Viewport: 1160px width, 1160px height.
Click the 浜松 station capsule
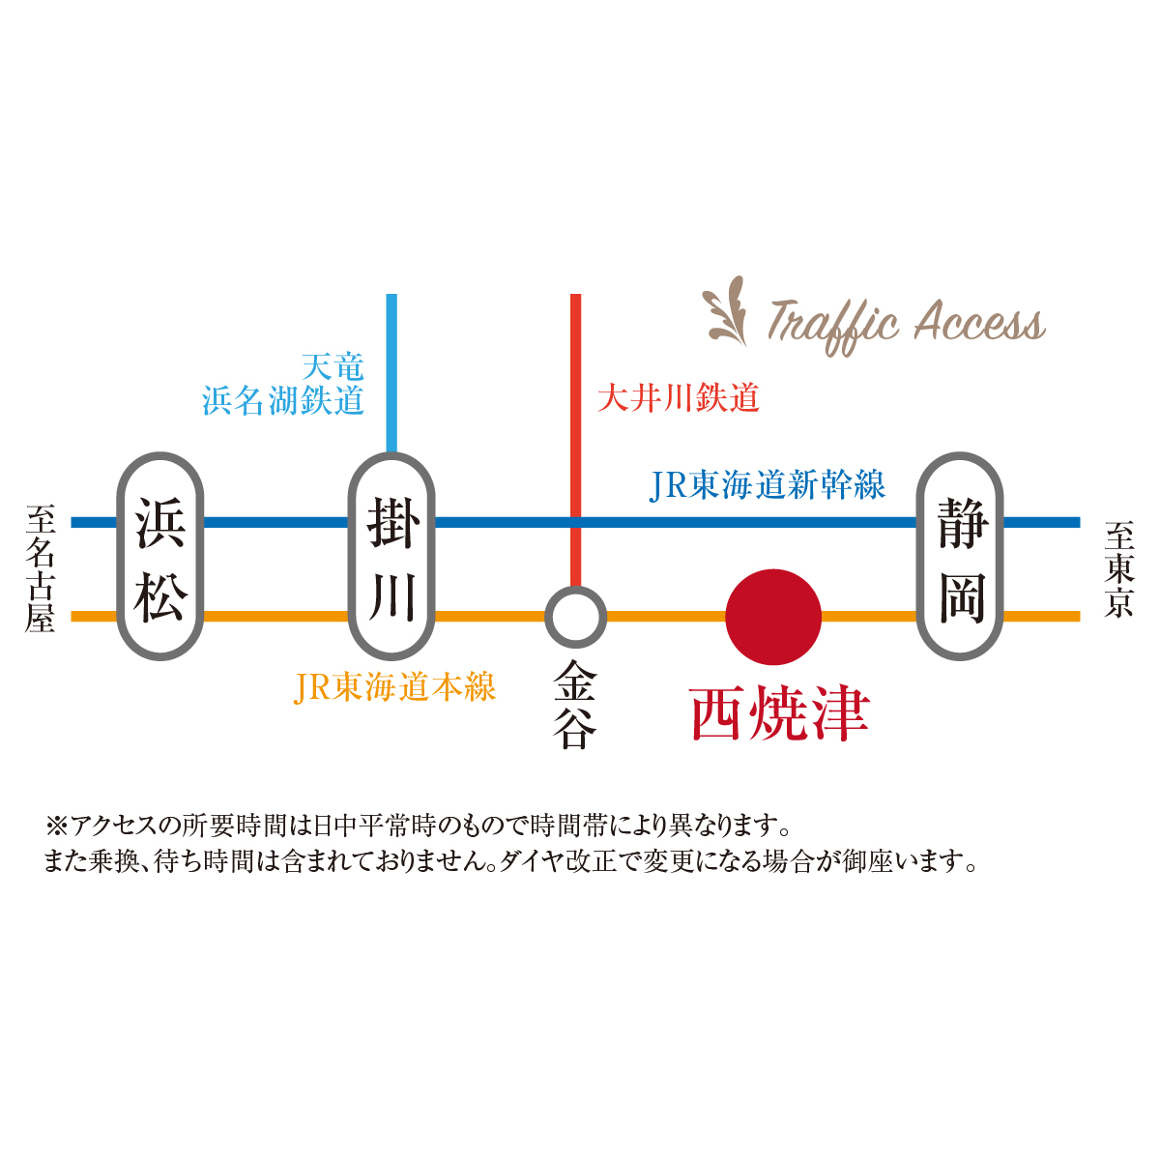159,558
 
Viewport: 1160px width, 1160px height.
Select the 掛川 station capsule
391,558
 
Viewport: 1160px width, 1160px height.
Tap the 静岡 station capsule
960,558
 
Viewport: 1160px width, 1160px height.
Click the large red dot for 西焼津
773,617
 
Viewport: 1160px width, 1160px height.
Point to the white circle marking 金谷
575,617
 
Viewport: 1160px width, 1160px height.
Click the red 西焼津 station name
780,713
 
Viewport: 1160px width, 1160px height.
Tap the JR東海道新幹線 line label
768,485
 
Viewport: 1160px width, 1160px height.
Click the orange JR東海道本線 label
394,687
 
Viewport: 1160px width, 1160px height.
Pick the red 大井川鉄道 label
679,397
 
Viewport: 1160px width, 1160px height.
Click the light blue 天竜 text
333,366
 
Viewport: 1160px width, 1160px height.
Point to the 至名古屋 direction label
41,568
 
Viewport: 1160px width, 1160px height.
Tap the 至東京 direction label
1118,569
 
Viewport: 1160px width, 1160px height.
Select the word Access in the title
978,322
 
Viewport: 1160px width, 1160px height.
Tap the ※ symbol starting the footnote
54,826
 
